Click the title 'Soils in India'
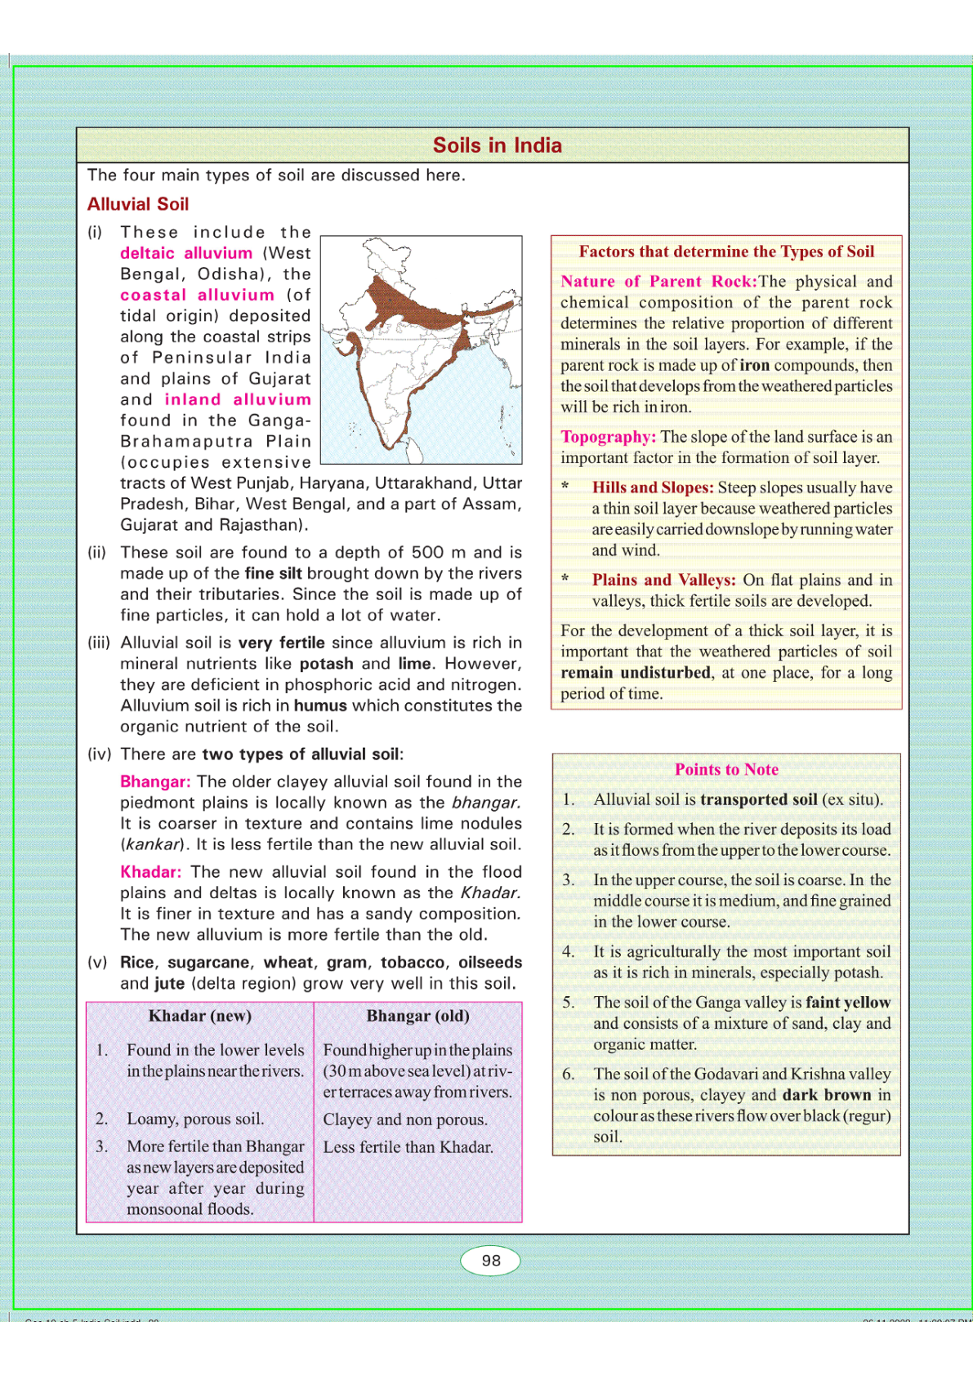click(x=497, y=145)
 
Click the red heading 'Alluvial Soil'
click(x=138, y=204)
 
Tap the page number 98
click(x=491, y=1260)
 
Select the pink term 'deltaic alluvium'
click(x=186, y=253)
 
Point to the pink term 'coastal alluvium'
click(x=197, y=295)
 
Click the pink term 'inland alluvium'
click(x=238, y=399)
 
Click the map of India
click(x=421, y=349)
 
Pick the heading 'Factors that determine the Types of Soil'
click(x=726, y=251)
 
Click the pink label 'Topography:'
click(x=608, y=437)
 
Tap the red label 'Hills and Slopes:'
click(x=653, y=487)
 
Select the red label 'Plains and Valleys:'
click(x=663, y=580)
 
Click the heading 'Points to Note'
click(x=726, y=769)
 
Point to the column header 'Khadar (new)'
click(x=199, y=1016)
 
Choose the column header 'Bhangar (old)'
click(x=417, y=1016)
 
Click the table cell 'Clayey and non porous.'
click(x=405, y=1119)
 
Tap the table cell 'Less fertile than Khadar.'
click(x=408, y=1147)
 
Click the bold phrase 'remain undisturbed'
click(x=635, y=673)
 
